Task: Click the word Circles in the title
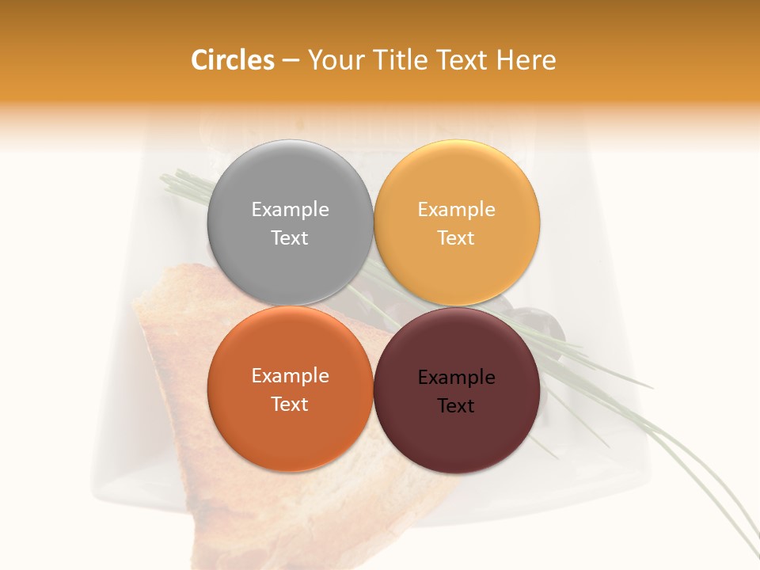232,60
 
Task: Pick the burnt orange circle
290,427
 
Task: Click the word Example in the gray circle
290,210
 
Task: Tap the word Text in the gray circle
290,238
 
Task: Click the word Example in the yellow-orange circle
456,210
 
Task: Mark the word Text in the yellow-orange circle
456,238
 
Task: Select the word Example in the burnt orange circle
290,376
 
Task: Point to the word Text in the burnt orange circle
290,405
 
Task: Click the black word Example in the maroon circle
456,378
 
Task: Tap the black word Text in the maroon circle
456,406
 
